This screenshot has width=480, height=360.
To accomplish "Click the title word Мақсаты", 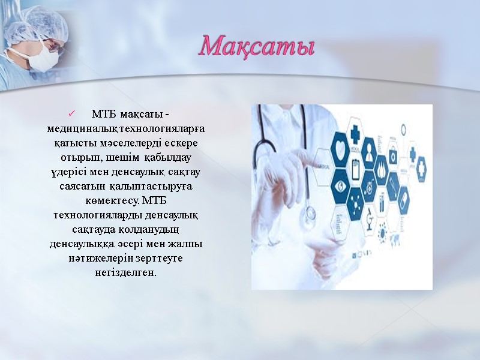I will coord(257,46).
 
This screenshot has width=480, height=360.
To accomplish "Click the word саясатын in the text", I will coord(82,187).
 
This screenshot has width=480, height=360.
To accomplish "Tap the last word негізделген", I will coord(125,272).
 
